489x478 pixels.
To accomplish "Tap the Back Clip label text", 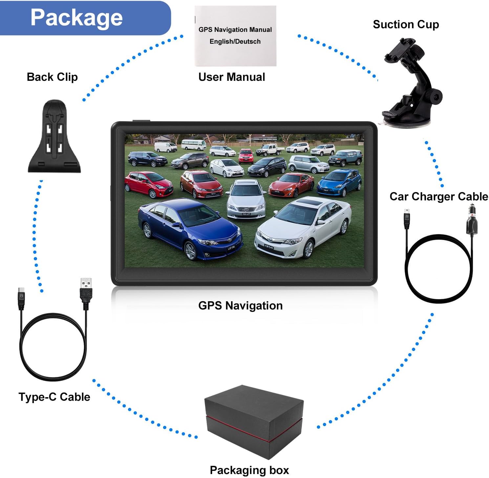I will [x=52, y=77].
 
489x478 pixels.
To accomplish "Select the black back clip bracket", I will [x=54, y=138].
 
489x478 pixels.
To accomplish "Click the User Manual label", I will [x=232, y=77].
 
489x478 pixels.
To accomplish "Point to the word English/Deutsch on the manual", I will [x=235, y=42].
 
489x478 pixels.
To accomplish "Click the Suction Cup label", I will [x=406, y=24].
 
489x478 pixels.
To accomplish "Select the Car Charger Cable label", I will [x=438, y=196].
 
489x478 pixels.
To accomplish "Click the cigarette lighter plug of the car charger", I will [x=472, y=220].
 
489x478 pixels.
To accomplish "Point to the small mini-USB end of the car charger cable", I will [x=407, y=218].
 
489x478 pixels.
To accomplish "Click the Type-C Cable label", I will [x=54, y=397].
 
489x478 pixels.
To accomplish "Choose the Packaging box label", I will [x=249, y=470].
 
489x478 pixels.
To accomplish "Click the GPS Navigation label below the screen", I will [x=240, y=306].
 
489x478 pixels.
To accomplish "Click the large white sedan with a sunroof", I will [x=304, y=227].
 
